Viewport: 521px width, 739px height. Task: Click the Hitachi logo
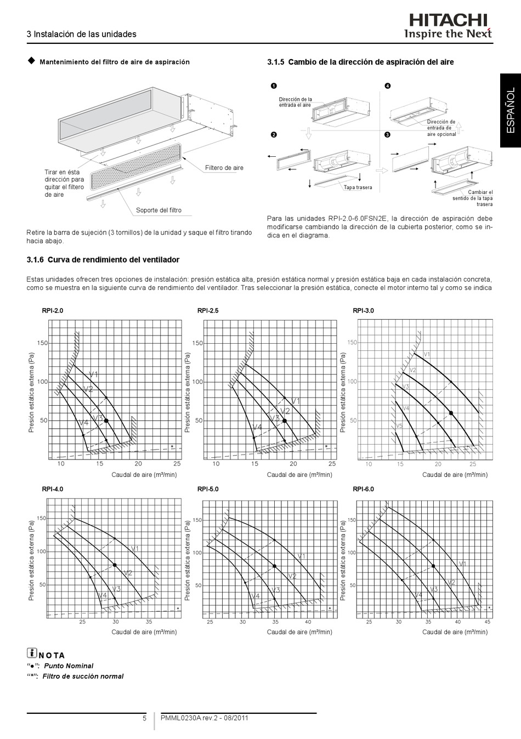pos(448,21)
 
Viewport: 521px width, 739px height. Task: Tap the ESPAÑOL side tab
pos(510,110)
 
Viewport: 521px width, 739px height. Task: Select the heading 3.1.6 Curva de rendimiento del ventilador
pos(103,260)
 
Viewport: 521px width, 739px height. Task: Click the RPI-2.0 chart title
pos(53,311)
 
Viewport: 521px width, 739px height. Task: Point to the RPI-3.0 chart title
pos(363,311)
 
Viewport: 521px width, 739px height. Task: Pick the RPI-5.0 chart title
pos(208,489)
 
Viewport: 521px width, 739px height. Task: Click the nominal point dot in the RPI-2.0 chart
pos(106,420)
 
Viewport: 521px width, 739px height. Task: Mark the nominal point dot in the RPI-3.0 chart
pos(451,413)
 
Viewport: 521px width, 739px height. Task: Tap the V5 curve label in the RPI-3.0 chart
pos(399,426)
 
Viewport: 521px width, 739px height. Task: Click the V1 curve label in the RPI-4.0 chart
pos(135,549)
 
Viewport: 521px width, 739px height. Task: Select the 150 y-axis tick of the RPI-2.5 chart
pos(197,343)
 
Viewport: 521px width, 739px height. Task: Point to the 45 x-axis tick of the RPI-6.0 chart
pos(488,622)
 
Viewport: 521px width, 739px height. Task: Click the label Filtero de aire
pos(224,168)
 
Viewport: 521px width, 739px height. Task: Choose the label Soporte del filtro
pos(158,211)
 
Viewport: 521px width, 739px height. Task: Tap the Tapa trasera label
pos(358,188)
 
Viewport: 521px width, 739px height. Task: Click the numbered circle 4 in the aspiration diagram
pos(387,86)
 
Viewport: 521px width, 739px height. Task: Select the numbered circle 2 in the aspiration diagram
pos(273,135)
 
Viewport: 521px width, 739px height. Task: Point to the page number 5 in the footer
pos(145,719)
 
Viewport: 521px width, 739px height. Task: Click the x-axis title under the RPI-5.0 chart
pos(299,632)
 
